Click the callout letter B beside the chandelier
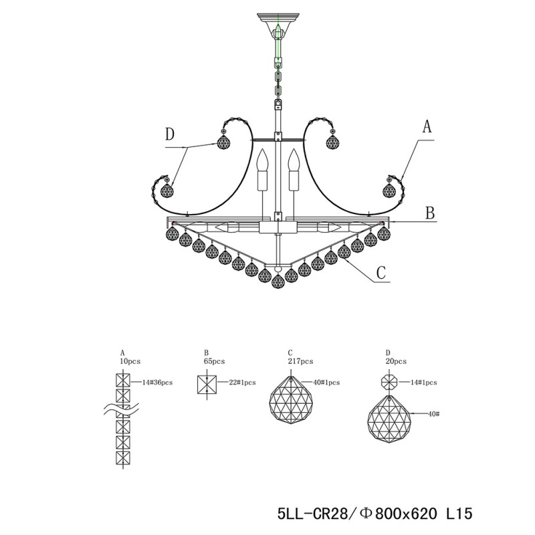[431, 213]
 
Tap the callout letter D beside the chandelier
[171, 134]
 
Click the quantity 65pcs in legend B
[215, 360]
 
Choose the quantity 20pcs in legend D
[395, 360]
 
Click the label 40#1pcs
[327, 383]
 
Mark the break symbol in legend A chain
[123, 409]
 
